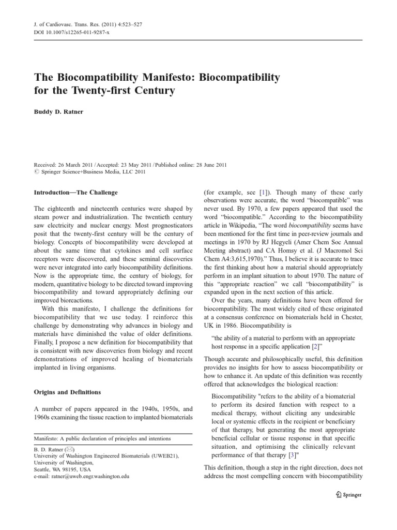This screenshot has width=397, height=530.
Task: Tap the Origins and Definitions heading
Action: [67, 392]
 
